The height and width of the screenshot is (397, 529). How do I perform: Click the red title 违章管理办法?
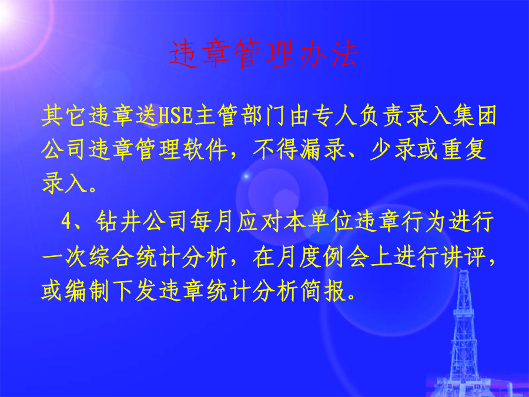tap(263, 54)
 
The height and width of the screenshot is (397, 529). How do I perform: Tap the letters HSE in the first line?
tap(175, 115)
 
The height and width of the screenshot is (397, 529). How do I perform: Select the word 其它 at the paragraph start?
tap(63, 115)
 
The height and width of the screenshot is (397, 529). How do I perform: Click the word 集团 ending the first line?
tap(475, 115)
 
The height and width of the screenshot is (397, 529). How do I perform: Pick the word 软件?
tap(206, 149)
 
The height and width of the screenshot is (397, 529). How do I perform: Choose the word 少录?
tap(393, 149)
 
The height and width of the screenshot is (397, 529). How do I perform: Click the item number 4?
tap(66, 222)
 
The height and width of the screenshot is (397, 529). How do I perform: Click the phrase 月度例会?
tap(300, 257)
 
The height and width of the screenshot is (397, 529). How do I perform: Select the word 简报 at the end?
tap(323, 291)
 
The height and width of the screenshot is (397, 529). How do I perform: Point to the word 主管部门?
tap(240, 115)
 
